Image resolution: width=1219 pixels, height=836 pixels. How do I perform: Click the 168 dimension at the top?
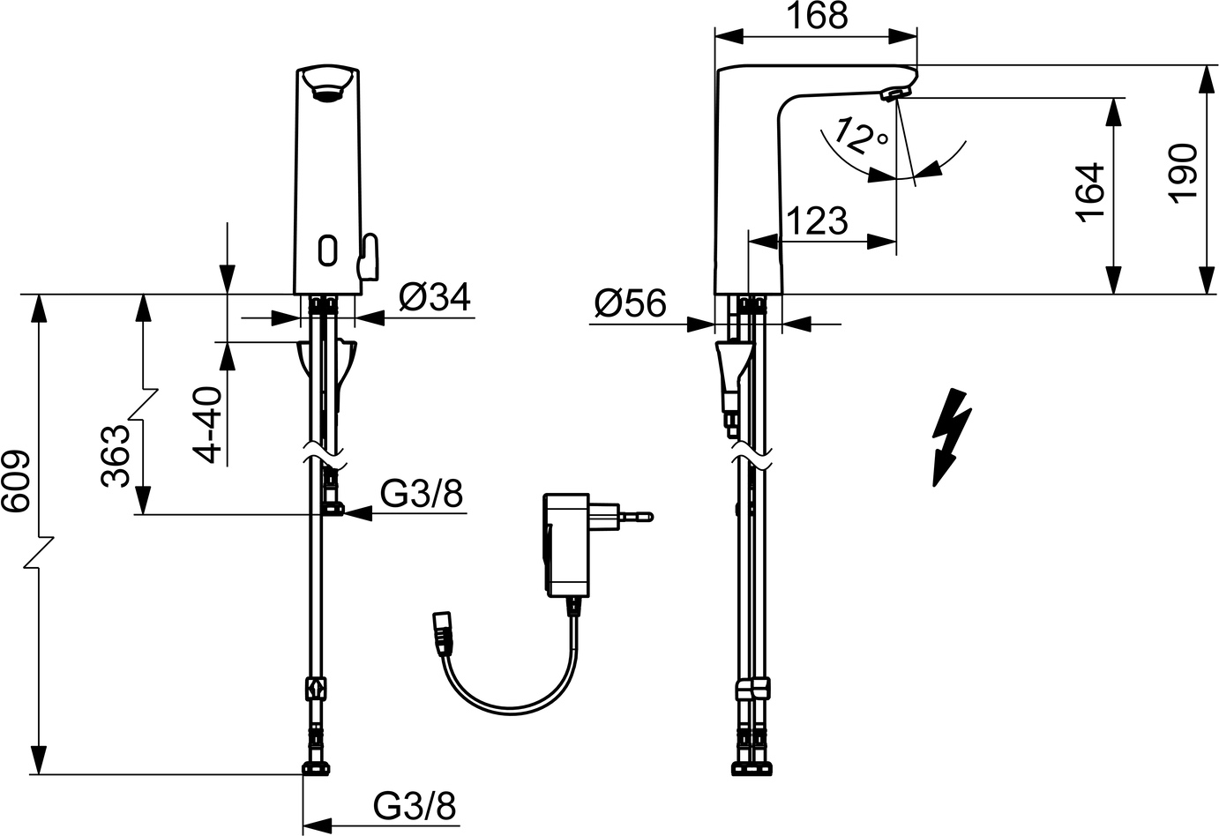point(815,16)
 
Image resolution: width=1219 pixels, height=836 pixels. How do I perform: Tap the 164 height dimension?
point(1091,191)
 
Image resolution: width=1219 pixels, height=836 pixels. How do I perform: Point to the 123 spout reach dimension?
point(816,220)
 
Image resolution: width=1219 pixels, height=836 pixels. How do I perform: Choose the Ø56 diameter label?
point(630,304)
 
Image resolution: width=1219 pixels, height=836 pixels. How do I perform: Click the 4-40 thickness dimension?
point(209,423)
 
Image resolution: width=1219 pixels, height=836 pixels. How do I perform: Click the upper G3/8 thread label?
point(421,495)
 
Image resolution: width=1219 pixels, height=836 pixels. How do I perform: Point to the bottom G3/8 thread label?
point(415,805)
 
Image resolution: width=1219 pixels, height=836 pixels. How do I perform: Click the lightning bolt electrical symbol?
point(951,437)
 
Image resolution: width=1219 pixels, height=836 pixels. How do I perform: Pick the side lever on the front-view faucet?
point(366,255)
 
